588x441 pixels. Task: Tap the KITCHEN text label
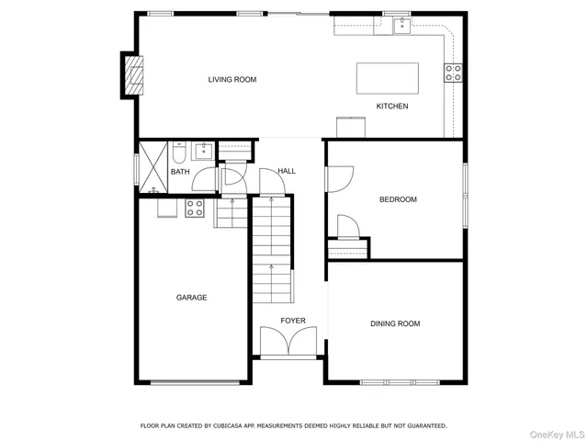coord(392,107)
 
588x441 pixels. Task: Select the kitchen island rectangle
coord(387,77)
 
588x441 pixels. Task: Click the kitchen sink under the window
coord(402,27)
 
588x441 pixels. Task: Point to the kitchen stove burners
coord(453,73)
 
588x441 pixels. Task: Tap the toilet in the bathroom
coord(178,152)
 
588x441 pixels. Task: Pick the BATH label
coord(180,172)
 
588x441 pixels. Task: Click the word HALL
coord(287,171)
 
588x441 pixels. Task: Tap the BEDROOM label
coord(398,199)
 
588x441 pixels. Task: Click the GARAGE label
coord(192,298)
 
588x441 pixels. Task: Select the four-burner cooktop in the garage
coord(195,209)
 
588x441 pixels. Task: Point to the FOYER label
coord(293,321)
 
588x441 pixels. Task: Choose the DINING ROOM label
coord(395,323)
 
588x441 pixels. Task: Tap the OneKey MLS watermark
coord(554,433)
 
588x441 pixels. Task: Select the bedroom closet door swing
coord(347,225)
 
